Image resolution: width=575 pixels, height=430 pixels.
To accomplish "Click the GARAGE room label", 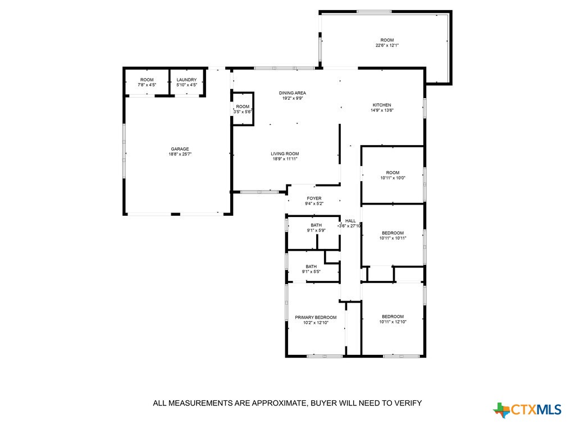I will click(180, 149).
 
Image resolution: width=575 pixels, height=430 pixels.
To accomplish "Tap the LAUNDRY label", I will click(186, 80).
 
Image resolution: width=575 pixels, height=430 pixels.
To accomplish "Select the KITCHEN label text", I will click(382, 105).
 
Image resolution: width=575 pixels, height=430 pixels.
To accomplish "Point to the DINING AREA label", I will click(293, 93).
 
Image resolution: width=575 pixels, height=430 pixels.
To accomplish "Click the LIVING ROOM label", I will click(285, 154).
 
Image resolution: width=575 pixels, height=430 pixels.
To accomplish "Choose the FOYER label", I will click(314, 198).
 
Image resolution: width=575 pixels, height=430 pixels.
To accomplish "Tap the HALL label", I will click(350, 221).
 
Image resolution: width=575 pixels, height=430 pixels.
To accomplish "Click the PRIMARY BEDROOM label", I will click(316, 317).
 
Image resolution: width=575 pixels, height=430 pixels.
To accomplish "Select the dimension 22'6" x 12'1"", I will click(387, 45).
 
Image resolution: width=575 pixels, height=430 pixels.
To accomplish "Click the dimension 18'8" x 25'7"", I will click(180, 154).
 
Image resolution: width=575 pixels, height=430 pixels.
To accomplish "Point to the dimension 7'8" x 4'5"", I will click(147, 85).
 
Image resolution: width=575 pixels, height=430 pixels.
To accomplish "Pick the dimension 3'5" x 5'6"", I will click(243, 112).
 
